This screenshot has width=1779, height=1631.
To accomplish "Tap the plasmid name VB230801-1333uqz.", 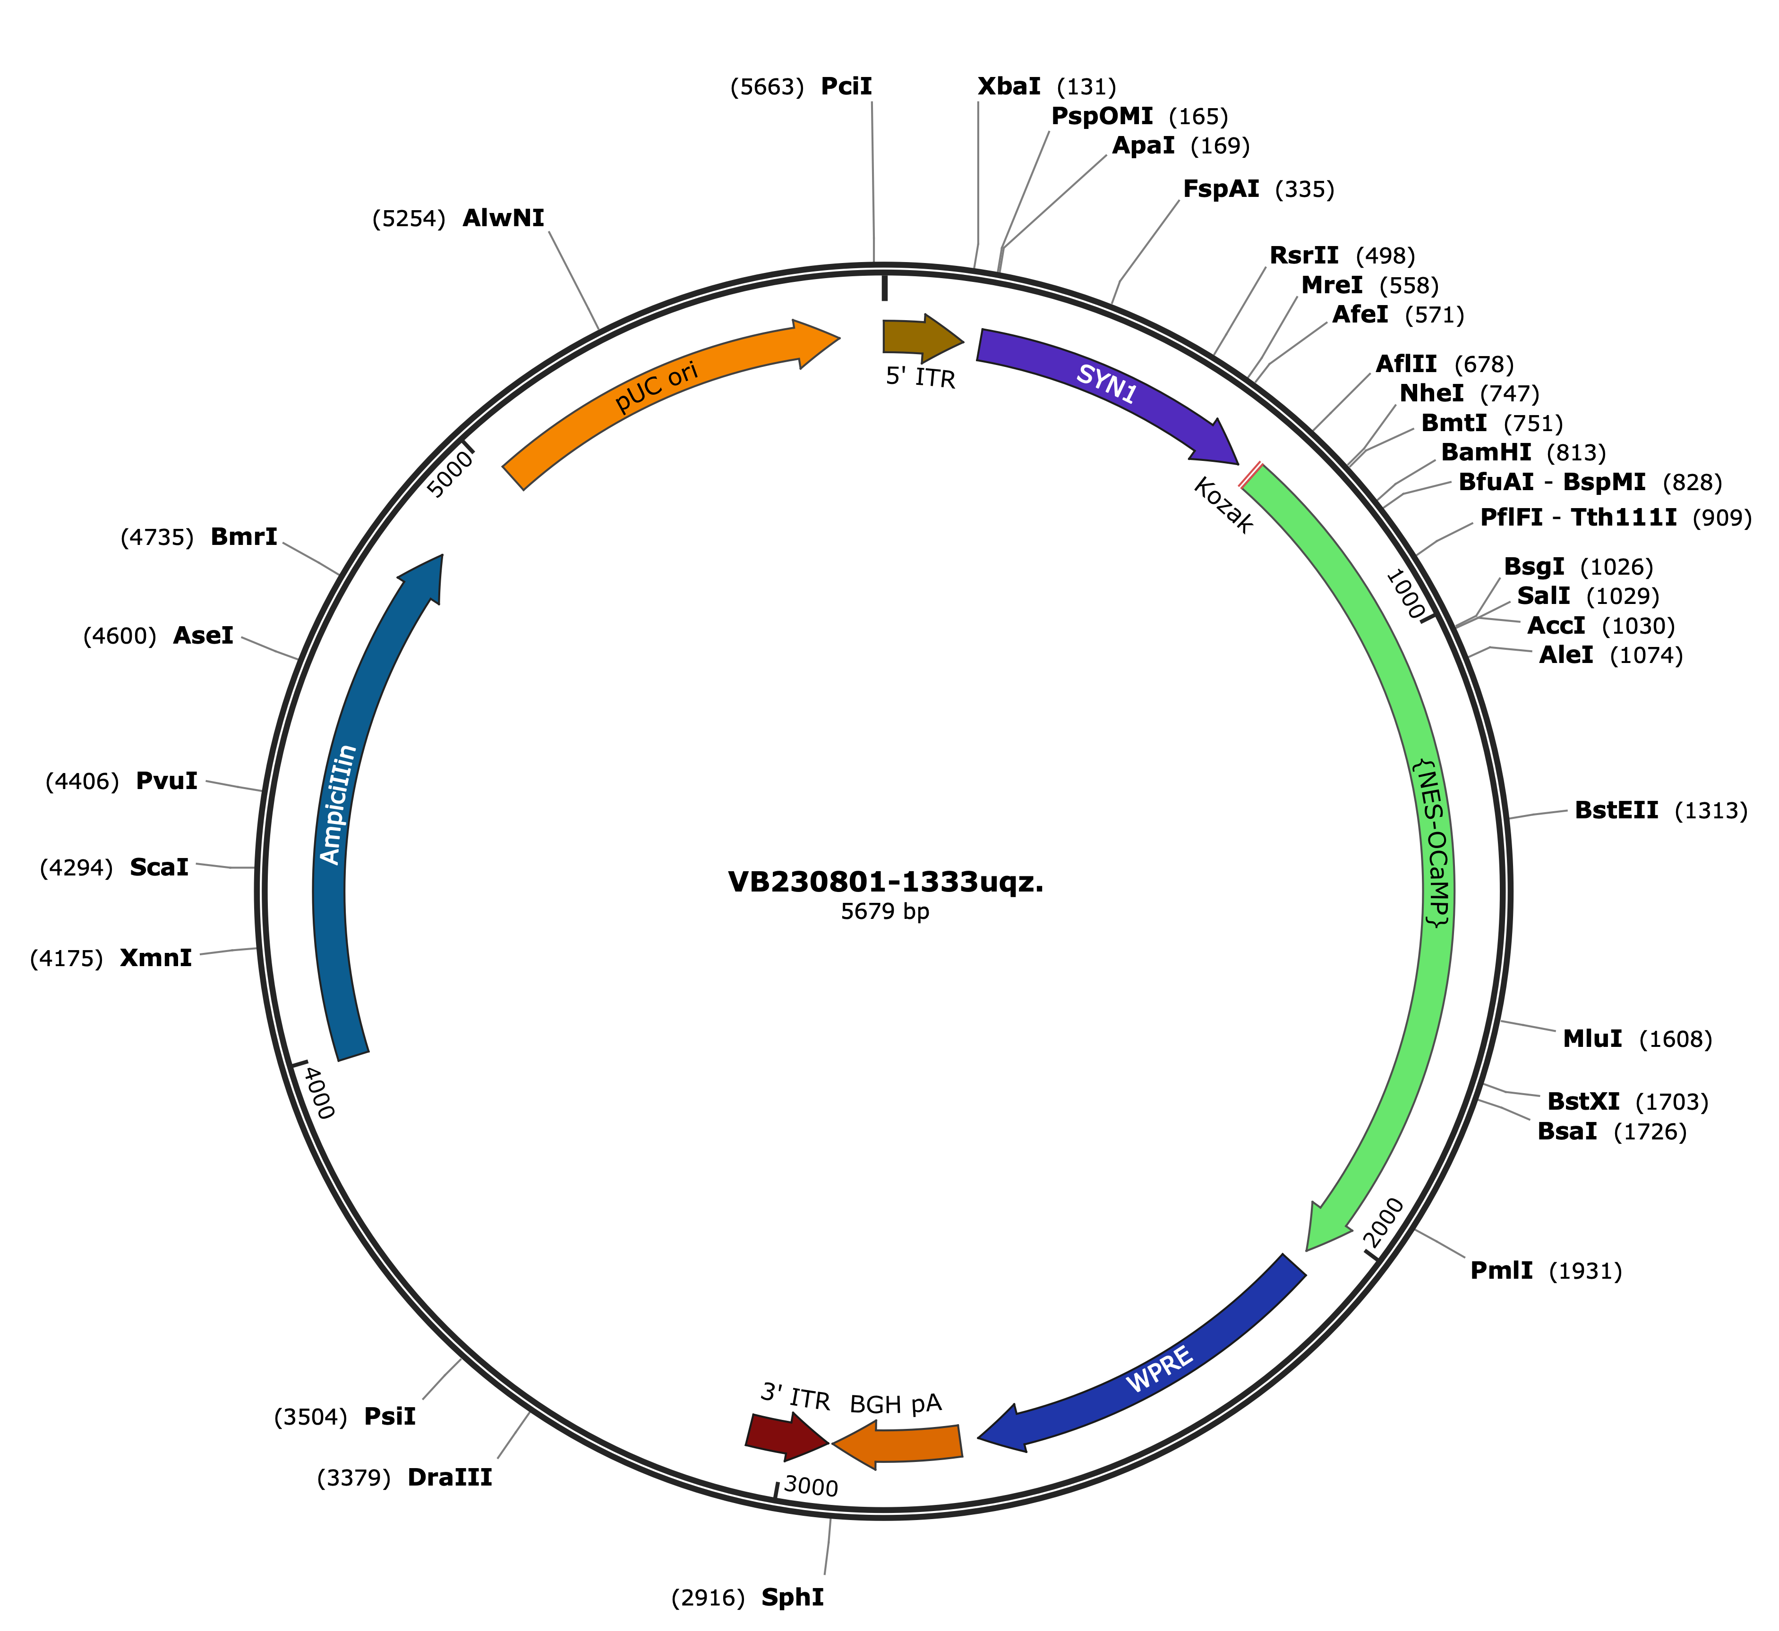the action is tap(886, 882).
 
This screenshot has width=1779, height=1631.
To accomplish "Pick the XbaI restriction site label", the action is tap(1008, 86).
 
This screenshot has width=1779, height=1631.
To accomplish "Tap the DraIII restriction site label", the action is tap(449, 1478).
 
